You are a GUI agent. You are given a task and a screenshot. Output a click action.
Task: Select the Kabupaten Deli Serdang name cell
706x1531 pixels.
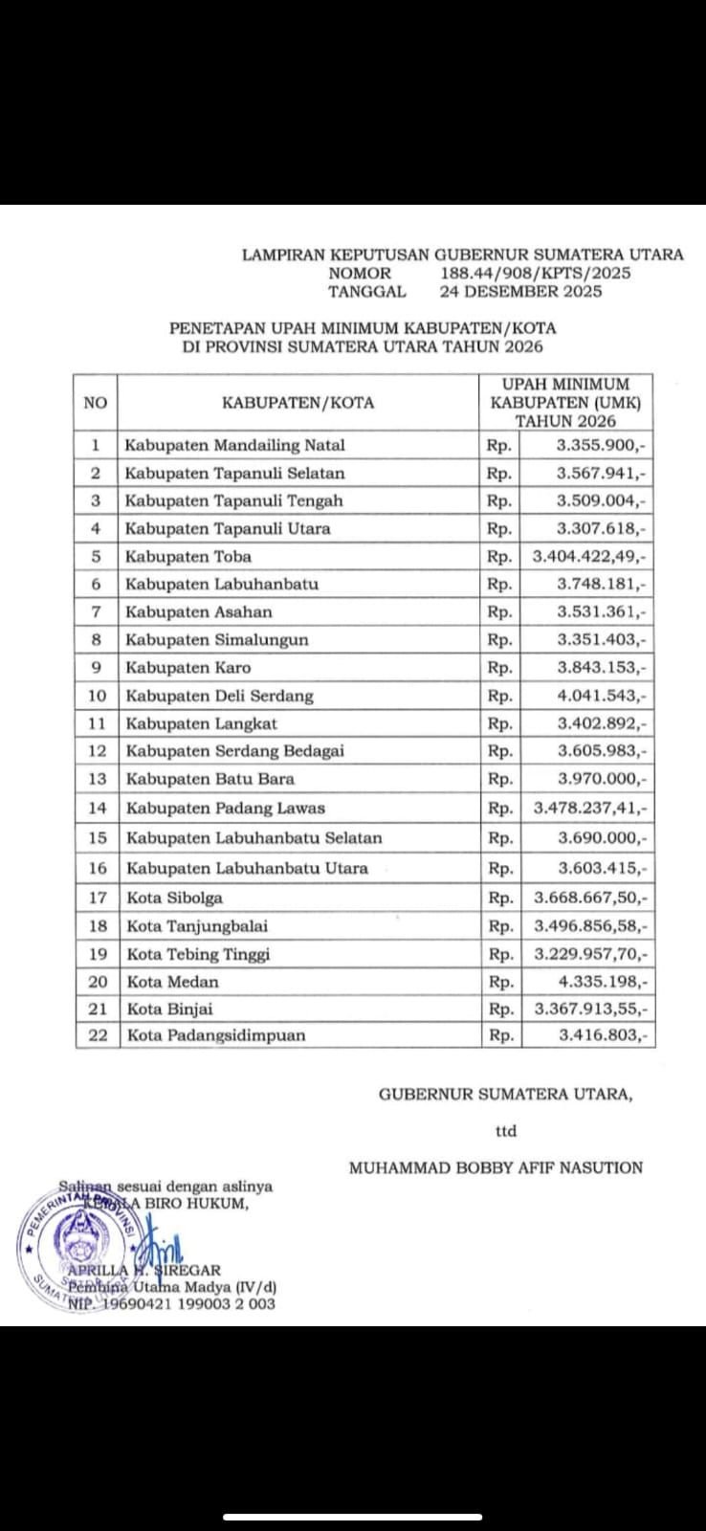click(x=219, y=696)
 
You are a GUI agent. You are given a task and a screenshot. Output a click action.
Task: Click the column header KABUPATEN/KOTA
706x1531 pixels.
click(x=298, y=403)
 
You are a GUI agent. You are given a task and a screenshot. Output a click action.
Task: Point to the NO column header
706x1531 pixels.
click(x=96, y=403)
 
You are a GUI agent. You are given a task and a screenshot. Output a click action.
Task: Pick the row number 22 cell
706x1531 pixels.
click(x=98, y=1035)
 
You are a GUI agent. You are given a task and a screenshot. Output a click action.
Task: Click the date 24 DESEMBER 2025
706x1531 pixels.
click(x=520, y=292)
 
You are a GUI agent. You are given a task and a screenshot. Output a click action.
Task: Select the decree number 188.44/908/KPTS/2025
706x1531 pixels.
click(x=535, y=274)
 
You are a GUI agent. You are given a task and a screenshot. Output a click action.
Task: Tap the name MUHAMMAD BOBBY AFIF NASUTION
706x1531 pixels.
click(x=496, y=1167)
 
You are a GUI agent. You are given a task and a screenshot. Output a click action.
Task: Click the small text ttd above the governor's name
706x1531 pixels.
click(x=506, y=1131)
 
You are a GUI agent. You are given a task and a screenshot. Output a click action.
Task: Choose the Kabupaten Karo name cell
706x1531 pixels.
click(x=188, y=668)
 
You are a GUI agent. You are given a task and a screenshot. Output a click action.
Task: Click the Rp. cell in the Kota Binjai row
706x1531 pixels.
click(x=500, y=1009)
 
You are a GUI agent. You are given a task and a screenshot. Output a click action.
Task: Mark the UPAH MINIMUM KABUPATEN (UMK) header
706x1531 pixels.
click(x=566, y=403)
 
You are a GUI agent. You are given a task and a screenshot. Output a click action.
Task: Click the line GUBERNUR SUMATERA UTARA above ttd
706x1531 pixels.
click(x=505, y=1095)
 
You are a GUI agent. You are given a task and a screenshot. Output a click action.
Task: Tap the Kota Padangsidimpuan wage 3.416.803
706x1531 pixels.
click(x=603, y=1035)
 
